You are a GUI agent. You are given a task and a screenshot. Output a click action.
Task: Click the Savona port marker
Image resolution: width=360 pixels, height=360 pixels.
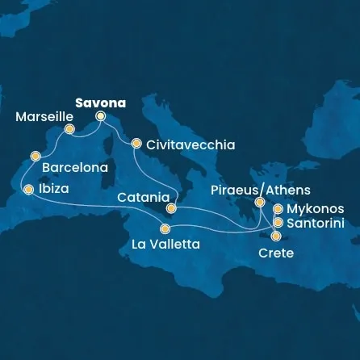pyautogui.click(x=101, y=115)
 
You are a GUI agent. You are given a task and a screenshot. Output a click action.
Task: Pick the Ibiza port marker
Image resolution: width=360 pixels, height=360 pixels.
pyautogui.click(x=29, y=190)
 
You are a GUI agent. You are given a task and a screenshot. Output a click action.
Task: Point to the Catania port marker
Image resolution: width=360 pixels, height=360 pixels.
pyautogui.click(x=171, y=208)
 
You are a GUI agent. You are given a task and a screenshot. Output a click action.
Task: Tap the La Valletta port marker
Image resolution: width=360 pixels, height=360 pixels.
pyautogui.click(x=165, y=228)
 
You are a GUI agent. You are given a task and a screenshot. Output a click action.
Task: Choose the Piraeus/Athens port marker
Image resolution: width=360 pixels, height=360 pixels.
pyautogui.click(x=260, y=203)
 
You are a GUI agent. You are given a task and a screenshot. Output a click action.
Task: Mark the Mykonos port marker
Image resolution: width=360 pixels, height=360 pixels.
pyautogui.click(x=278, y=208)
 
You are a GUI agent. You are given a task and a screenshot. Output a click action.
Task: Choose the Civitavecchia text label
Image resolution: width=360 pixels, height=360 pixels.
pyautogui.click(x=191, y=145)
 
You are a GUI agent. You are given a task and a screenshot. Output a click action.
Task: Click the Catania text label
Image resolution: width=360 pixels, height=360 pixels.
pyautogui.click(x=142, y=197)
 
